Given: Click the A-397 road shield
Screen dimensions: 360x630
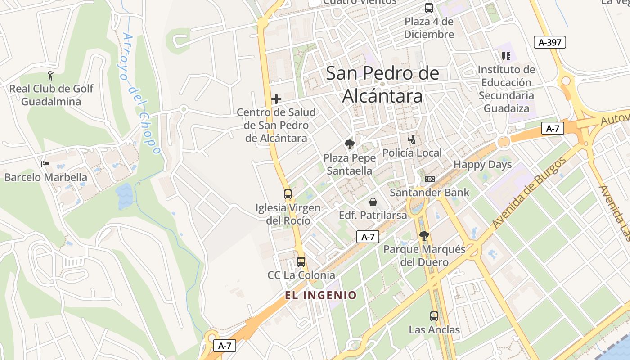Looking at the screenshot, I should [x=549, y=43].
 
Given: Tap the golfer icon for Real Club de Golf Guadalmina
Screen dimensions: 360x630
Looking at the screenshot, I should [x=50, y=75].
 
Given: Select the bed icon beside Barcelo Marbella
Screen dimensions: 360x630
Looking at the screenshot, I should [x=45, y=164].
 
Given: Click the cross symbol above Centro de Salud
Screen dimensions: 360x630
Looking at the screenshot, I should [x=276, y=99].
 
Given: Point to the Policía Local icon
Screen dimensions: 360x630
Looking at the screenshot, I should [x=412, y=139].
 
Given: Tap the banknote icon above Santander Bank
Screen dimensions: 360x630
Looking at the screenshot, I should [x=429, y=179].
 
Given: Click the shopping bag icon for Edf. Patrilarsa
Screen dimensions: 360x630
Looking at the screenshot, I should [x=373, y=202].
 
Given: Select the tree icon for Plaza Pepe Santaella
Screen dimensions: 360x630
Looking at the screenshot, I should [x=349, y=144].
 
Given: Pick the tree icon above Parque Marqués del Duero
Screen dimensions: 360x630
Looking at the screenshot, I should [x=424, y=235].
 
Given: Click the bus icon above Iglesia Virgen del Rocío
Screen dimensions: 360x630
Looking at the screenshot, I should [x=288, y=194].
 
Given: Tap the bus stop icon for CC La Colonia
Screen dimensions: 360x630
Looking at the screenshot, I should [x=301, y=261].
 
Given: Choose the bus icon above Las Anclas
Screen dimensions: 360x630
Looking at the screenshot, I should [x=434, y=316].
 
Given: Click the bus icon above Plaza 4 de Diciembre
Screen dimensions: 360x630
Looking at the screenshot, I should [x=429, y=8].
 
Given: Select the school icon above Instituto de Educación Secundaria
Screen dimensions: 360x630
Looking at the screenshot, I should [x=506, y=56].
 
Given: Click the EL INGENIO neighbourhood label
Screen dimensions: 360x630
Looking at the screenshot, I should [x=321, y=295].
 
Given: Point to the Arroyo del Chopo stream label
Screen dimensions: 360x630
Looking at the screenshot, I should [x=140, y=94].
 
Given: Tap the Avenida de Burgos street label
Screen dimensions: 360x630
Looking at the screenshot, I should [x=528, y=193].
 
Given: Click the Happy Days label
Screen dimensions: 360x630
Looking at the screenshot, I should [x=482, y=165].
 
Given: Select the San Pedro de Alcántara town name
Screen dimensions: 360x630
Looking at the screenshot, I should [x=382, y=84].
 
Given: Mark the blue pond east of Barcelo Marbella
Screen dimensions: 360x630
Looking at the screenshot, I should [x=124, y=197].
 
